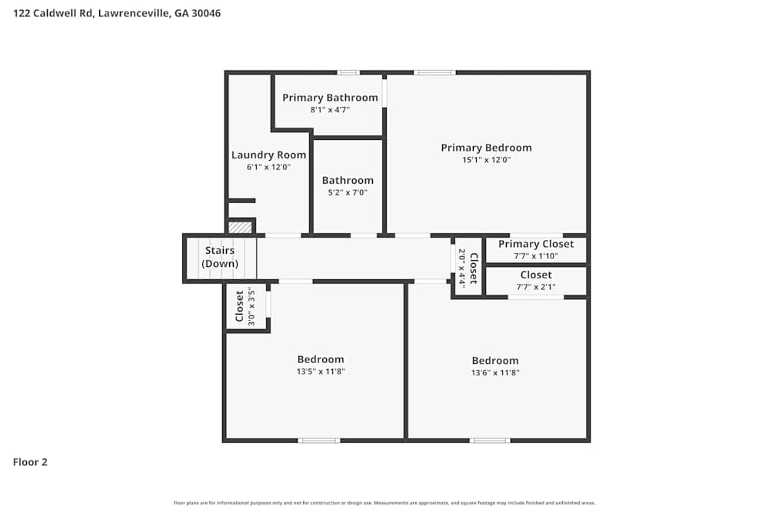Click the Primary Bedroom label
pyautogui.click(x=486, y=148)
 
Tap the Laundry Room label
pyautogui.click(x=268, y=155)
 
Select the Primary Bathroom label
pyautogui.click(x=330, y=98)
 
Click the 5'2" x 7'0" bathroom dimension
pyautogui.click(x=348, y=193)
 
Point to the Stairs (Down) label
pyautogui.click(x=220, y=257)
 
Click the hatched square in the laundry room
pyautogui.click(x=241, y=228)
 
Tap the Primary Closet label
pyautogui.click(x=536, y=244)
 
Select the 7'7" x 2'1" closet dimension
pyautogui.click(x=536, y=287)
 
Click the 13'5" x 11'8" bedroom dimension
pyautogui.click(x=321, y=371)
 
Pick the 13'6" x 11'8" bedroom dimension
pyautogui.click(x=495, y=372)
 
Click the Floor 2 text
pyautogui.click(x=30, y=462)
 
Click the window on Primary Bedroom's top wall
pyautogui.click(x=434, y=72)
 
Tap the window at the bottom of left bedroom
pyautogui.click(x=319, y=441)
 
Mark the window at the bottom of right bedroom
pyautogui.click(x=490, y=441)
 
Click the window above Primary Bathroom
pyautogui.click(x=348, y=72)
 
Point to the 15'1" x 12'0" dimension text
pyautogui.click(x=486, y=160)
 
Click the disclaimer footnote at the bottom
pyautogui.click(x=384, y=503)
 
